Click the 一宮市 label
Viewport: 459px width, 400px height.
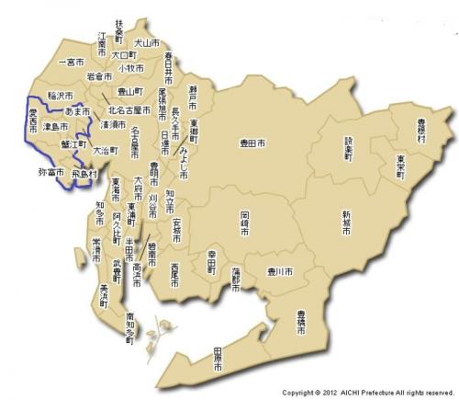pyautogui.click(x=71, y=62)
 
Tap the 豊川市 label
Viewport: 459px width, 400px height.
pyautogui.click(x=277, y=273)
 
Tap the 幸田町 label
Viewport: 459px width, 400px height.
pyautogui.click(x=210, y=267)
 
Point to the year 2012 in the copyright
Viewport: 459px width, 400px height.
pyautogui.click(x=324, y=392)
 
